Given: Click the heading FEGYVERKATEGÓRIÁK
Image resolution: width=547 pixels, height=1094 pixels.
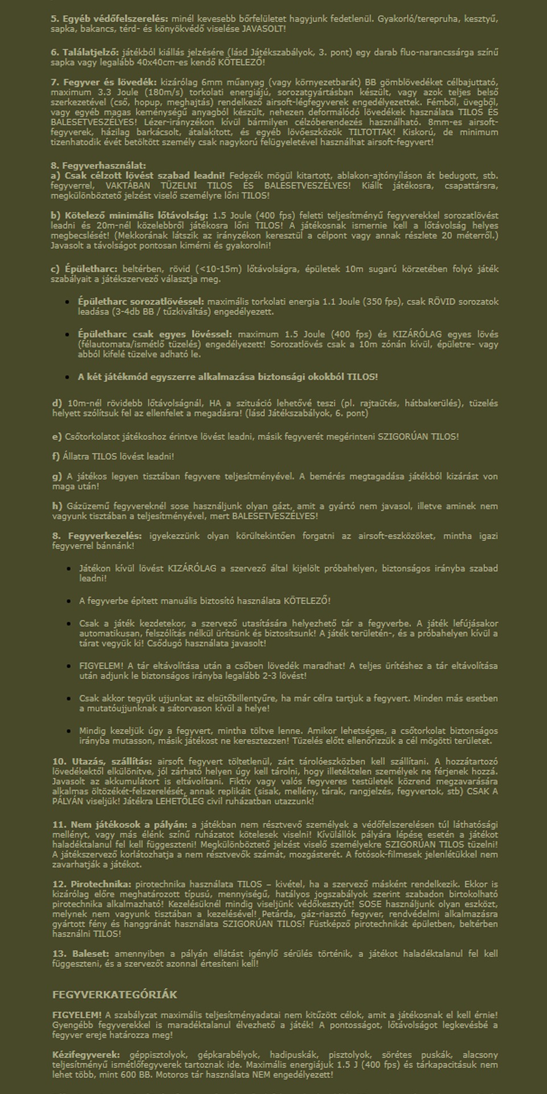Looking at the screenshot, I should click(x=115, y=995).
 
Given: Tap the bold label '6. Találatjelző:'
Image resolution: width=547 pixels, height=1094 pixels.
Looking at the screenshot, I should click(x=85, y=52).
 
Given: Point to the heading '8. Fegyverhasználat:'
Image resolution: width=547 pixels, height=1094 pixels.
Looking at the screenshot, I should click(x=99, y=166).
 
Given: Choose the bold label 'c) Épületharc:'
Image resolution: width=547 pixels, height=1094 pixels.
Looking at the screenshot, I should click(x=84, y=269).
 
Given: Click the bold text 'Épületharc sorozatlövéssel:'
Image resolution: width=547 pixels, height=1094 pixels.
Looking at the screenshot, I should click(x=141, y=301).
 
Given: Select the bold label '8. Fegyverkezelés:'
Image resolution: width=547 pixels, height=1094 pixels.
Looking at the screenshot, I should click(x=97, y=536).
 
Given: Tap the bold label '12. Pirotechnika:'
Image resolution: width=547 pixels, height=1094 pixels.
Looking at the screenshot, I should click(x=92, y=884).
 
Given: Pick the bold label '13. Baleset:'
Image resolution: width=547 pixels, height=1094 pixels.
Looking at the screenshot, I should click(x=82, y=954).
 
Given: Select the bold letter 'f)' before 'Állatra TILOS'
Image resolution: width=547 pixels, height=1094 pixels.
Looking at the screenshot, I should click(x=56, y=456).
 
